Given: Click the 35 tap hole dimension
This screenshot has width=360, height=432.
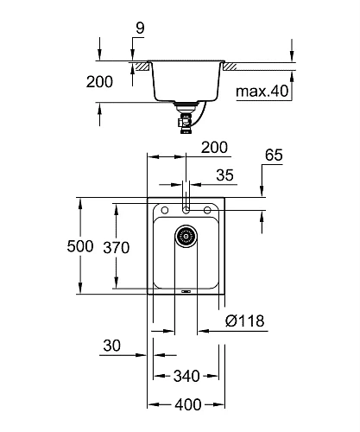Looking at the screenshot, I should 224,175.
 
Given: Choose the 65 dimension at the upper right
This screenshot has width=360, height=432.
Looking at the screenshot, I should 275,156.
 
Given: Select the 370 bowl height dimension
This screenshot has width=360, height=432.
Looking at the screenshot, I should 116,248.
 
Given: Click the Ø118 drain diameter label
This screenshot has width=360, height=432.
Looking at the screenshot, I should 244,321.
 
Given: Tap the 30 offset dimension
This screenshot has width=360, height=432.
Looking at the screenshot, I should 111,346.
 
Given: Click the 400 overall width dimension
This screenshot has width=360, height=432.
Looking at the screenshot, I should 187,403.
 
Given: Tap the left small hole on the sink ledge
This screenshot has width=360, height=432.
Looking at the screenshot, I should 163,210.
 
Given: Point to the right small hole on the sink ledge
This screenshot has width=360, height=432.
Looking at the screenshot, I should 209,210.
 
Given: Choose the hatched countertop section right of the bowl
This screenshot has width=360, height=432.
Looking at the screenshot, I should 233,65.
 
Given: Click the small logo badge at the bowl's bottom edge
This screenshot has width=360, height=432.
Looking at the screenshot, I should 186,291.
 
